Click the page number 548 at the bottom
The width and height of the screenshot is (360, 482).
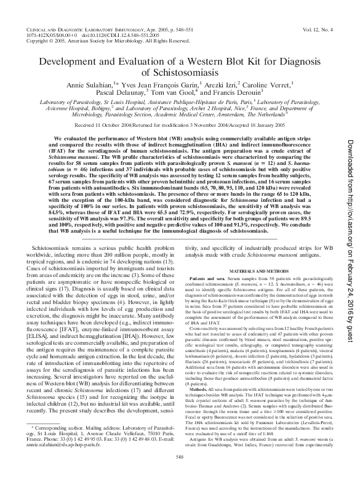pyautogui.click(x=180, y=473)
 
